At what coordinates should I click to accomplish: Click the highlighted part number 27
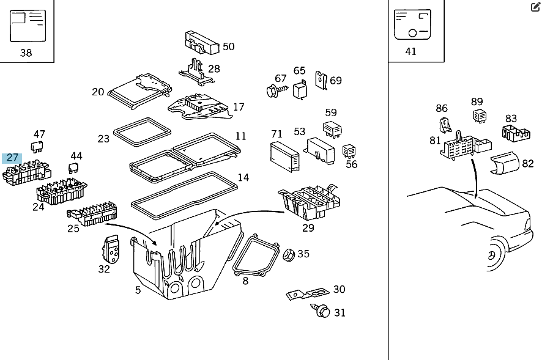tap(12, 158)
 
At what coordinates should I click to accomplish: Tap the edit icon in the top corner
tap(535, 7)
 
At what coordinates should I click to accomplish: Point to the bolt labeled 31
tap(323, 311)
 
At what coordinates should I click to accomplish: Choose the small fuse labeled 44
tap(75, 168)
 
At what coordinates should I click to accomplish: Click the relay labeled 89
tap(478, 115)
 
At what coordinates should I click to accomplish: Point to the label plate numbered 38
tap(28, 25)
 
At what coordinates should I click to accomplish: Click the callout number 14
tap(243, 178)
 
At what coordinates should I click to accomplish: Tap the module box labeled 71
tap(284, 156)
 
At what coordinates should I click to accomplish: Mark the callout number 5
tap(138, 290)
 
